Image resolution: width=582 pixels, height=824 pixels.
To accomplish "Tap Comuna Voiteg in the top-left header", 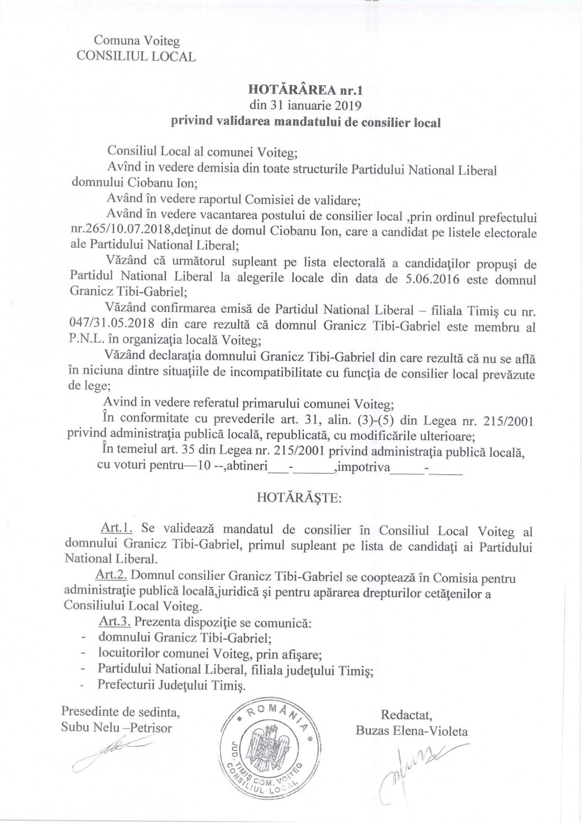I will (137, 41).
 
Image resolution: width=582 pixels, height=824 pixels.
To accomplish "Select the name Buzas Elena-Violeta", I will (412, 731).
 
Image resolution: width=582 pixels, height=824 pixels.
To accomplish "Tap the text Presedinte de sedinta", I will (121, 712).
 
